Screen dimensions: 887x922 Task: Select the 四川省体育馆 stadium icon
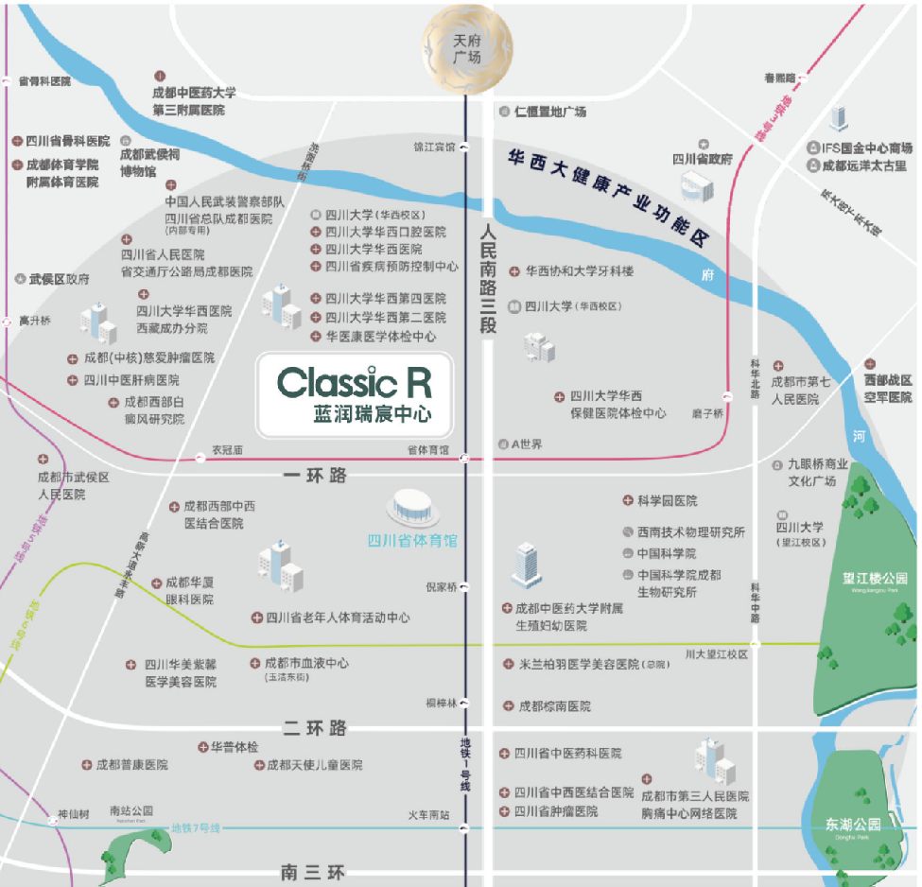coord(412,509)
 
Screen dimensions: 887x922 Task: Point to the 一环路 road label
coord(315,476)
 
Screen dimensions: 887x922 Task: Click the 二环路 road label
coord(315,728)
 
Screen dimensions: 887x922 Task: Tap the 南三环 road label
coord(315,871)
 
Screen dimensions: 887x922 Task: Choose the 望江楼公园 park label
coord(875,578)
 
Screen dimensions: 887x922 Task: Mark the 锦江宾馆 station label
coord(434,147)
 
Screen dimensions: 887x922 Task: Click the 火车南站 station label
coord(428,814)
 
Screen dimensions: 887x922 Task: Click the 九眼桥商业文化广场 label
coord(811,473)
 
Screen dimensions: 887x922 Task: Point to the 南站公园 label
coord(130,811)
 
